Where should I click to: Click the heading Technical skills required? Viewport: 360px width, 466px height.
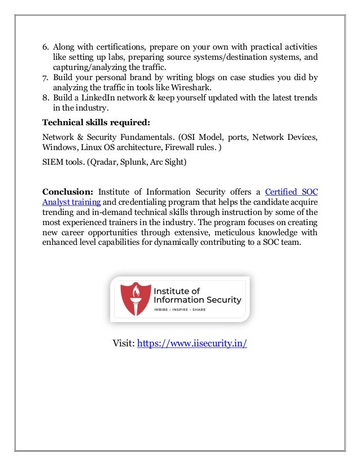click(96, 123)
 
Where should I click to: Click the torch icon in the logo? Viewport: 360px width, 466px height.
click(134, 299)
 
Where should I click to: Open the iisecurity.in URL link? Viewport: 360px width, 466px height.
click(192, 344)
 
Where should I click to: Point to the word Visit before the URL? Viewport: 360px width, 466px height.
click(124, 344)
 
